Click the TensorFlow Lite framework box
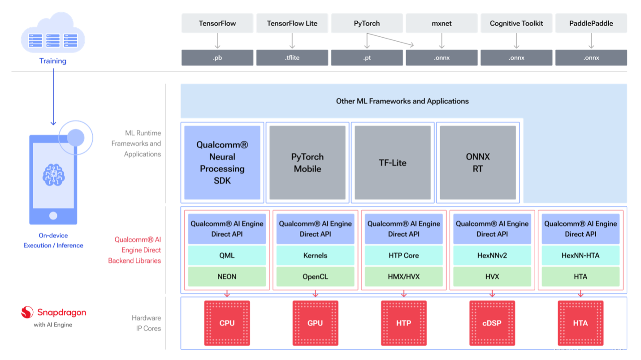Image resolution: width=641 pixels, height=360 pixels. [x=292, y=23]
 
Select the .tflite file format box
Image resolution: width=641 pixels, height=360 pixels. [x=292, y=57]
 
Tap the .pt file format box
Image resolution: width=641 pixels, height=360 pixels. [x=367, y=57]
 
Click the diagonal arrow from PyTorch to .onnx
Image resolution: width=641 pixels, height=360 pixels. [x=390, y=39]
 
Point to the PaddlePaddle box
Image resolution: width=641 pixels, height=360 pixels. [x=591, y=23]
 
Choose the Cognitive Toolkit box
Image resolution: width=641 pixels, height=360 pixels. [x=516, y=23]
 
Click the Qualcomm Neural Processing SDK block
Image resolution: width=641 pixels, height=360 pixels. [x=222, y=163]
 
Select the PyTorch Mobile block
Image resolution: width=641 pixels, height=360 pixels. [x=308, y=163]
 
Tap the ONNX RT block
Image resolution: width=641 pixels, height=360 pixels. [x=477, y=163]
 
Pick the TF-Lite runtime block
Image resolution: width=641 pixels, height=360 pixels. [x=393, y=163]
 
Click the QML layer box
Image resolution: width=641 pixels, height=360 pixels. [x=227, y=255]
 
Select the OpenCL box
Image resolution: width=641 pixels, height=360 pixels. [x=316, y=277]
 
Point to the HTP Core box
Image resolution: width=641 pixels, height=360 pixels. [x=404, y=255]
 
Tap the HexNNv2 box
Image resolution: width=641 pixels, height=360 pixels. [x=492, y=255]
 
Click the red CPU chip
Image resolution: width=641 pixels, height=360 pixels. [x=227, y=323]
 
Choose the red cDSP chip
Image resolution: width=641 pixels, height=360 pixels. [x=492, y=323]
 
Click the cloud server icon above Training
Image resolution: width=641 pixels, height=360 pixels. [x=53, y=33]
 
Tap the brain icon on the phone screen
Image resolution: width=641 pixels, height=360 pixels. [x=53, y=175]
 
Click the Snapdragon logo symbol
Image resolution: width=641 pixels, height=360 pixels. [x=27, y=312]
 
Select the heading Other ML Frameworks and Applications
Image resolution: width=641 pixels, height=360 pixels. [x=403, y=101]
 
